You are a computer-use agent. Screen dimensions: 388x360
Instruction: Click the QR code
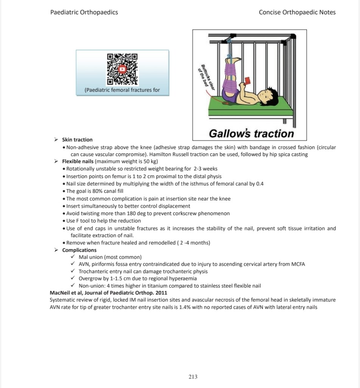(x=122, y=69)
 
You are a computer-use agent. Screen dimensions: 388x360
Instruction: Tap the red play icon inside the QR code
(x=122, y=69)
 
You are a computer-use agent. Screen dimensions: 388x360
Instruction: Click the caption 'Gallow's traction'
(x=251, y=133)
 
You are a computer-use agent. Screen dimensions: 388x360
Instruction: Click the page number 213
(x=193, y=376)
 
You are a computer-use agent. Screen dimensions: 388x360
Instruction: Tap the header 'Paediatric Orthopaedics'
(x=84, y=12)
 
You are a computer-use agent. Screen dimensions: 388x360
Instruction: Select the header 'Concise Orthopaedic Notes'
(x=297, y=12)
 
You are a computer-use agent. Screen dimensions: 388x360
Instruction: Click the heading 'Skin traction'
(x=77, y=139)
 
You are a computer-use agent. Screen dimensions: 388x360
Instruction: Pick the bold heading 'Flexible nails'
(x=78, y=161)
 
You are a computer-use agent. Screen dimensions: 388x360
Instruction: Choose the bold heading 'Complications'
(x=79, y=250)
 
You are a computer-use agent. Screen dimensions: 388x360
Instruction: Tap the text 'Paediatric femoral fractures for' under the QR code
(x=122, y=90)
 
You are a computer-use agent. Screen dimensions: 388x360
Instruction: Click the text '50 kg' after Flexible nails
(x=143, y=161)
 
